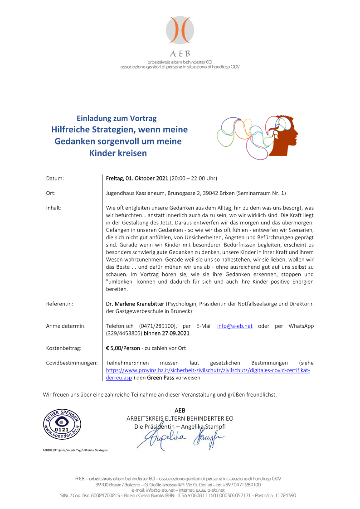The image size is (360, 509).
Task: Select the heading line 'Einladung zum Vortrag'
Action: tap(117, 119)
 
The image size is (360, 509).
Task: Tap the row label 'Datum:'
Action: tap(55, 178)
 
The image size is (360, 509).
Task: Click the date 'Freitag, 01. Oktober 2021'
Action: tap(137, 178)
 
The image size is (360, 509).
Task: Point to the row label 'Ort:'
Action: tap(51, 193)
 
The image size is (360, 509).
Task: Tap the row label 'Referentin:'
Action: tap(60, 303)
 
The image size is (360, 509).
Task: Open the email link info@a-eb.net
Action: tap(235, 326)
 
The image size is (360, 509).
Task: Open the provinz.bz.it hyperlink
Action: tap(208, 370)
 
